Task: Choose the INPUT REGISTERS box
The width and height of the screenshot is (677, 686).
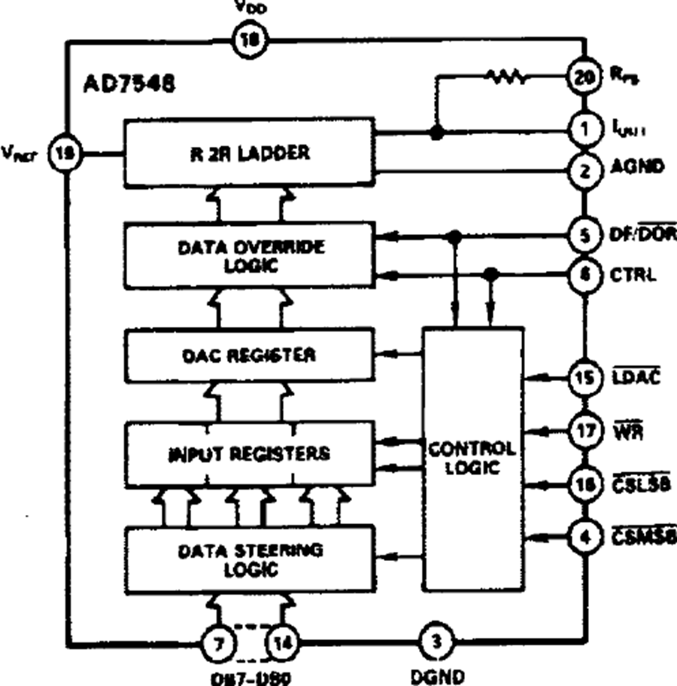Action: click(x=249, y=454)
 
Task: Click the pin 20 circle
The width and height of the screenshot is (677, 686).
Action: click(x=584, y=75)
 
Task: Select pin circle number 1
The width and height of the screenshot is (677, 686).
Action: click(x=584, y=130)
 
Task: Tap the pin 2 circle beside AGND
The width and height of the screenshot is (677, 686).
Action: click(x=584, y=167)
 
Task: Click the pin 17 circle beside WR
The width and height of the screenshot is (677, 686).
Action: click(x=584, y=431)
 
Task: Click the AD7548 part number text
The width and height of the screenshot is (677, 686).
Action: click(x=129, y=82)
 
